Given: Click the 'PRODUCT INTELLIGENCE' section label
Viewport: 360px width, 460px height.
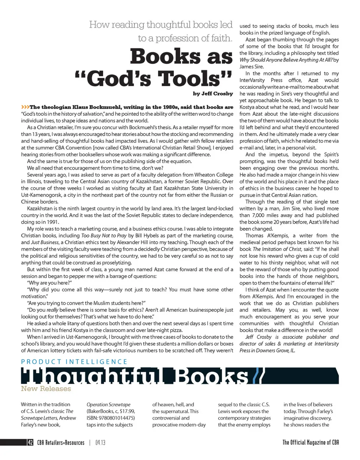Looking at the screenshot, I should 74,361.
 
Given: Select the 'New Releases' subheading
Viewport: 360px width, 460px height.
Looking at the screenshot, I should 46,388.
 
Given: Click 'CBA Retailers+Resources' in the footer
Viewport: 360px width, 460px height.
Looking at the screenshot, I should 60,443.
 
